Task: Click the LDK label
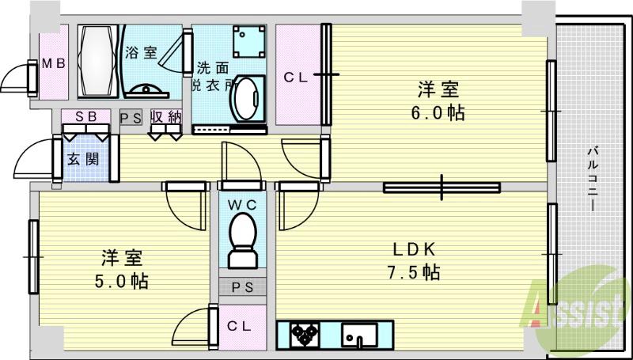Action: coord(415,250)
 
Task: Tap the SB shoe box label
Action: coord(86,116)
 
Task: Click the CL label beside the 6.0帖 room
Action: coord(296,77)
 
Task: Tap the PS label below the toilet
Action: coord(242,287)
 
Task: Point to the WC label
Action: coord(242,205)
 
